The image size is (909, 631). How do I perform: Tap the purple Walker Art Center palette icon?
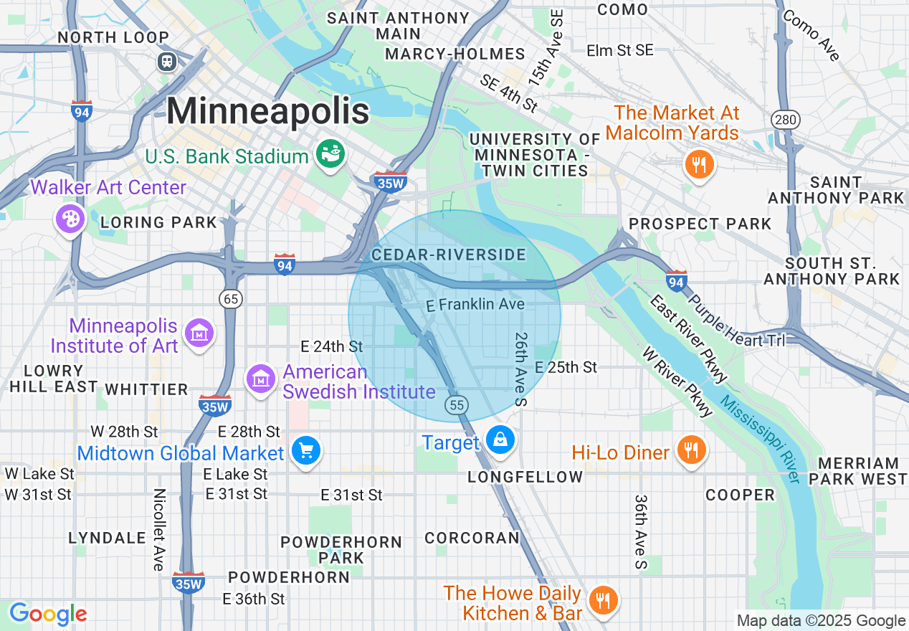click(x=70, y=218)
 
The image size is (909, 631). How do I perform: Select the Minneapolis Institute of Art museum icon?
click(x=199, y=332)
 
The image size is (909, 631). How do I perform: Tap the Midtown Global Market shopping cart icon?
click(x=307, y=450)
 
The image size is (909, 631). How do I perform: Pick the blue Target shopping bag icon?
click(x=500, y=440)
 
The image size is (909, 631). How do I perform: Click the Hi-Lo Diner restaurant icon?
click(x=691, y=450)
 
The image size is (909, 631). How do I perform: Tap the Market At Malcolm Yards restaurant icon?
click(x=698, y=165)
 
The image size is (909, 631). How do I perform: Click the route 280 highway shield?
click(x=786, y=119)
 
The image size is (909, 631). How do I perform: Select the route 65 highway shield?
click(x=231, y=299)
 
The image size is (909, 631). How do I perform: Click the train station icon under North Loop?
click(x=167, y=62)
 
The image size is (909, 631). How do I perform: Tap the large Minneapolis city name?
click(x=268, y=111)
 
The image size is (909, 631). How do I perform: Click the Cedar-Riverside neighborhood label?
click(x=449, y=255)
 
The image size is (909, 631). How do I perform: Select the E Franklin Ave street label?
click(x=475, y=305)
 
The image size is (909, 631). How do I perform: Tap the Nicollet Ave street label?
click(x=159, y=530)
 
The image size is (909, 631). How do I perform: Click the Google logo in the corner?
click(x=48, y=615)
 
